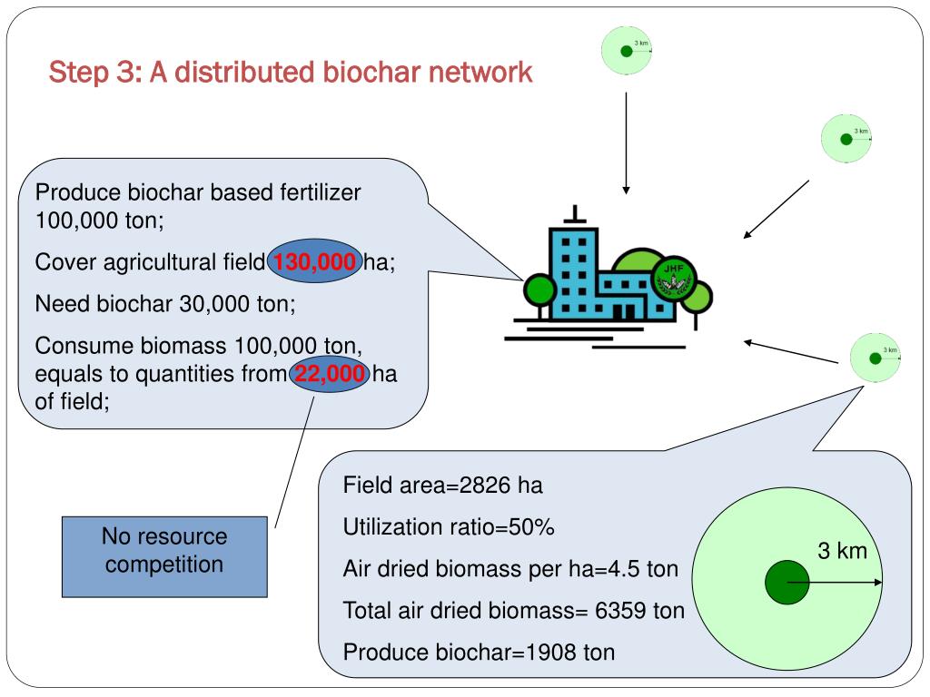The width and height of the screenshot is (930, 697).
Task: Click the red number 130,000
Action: click(x=314, y=263)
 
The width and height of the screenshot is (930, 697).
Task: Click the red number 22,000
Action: click(x=330, y=375)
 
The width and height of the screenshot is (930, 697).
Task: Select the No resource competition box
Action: click(x=164, y=550)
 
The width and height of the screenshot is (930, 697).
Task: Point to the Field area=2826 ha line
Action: click(x=442, y=486)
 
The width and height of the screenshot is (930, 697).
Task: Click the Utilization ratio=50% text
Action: click(x=449, y=527)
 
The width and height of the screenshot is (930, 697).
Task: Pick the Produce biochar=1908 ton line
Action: click(x=479, y=652)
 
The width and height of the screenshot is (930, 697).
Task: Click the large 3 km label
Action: click(x=842, y=551)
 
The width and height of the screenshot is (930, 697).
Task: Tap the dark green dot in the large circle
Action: click(x=787, y=584)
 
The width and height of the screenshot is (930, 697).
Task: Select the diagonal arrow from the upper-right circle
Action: click(x=776, y=210)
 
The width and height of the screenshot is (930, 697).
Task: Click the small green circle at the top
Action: click(x=627, y=51)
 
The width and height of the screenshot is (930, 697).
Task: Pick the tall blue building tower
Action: click(x=574, y=268)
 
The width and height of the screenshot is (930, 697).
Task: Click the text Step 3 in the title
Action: click(x=91, y=72)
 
